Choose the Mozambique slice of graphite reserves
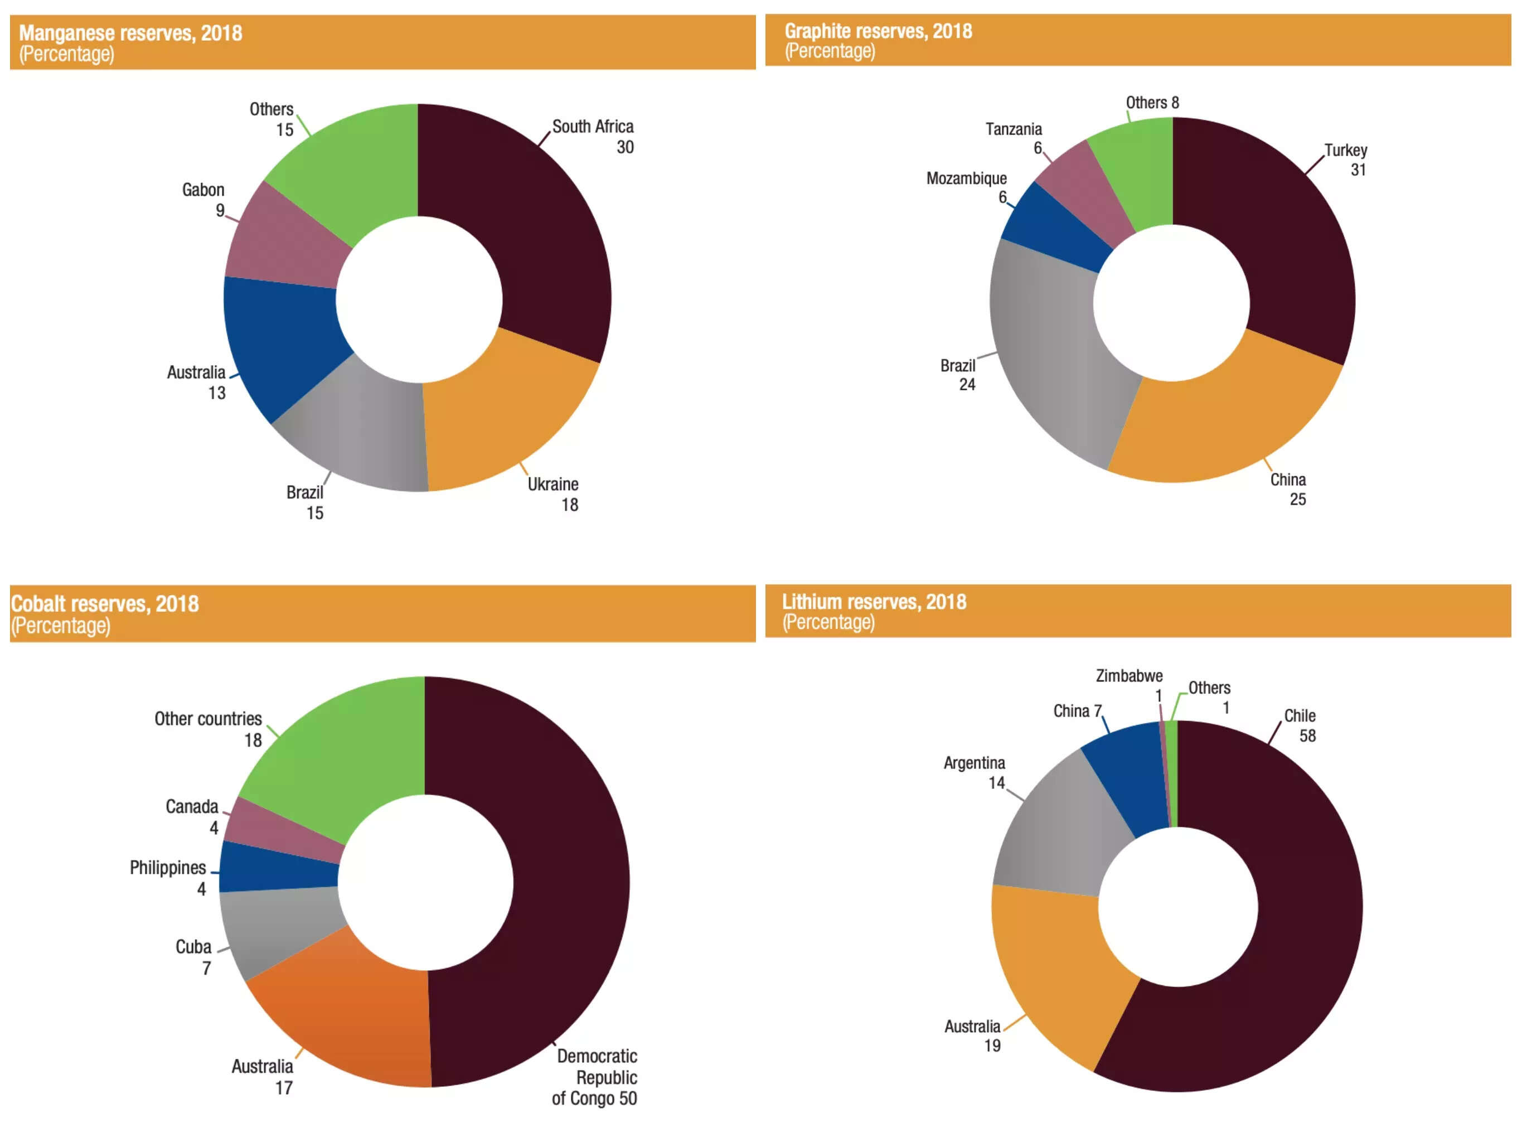tap(1056, 227)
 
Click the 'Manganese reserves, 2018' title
tap(130, 33)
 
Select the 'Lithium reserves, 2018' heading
tap(874, 602)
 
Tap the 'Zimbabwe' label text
tap(1129, 676)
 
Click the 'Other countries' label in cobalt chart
tap(208, 719)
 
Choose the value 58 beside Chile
tap(1307, 736)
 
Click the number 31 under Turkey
tap(1358, 170)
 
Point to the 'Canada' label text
tap(192, 807)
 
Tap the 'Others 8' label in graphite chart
tap(1152, 103)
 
